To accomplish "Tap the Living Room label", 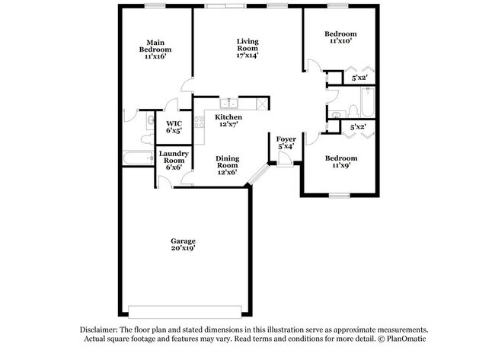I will [x=247, y=48].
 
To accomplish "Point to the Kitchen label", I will [x=229, y=120].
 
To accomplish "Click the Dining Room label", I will [x=228, y=165].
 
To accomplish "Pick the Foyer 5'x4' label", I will [x=286, y=142].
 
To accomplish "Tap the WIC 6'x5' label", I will [x=174, y=126].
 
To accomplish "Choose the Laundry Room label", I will [x=173, y=161].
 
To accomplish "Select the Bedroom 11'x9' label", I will [x=340, y=163].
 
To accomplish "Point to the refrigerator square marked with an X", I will [x=260, y=104].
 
